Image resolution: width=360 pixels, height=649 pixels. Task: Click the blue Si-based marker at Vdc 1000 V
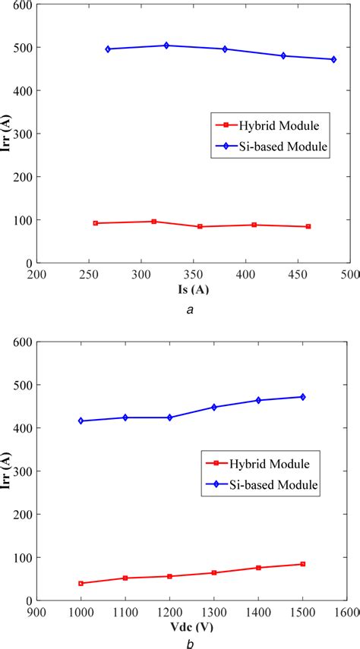click(81, 421)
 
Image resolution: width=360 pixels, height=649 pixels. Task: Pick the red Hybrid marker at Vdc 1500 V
click(303, 564)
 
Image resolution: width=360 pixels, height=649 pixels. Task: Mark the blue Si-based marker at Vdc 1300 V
click(214, 407)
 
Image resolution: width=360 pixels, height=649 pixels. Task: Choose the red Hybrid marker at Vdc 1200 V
click(169, 576)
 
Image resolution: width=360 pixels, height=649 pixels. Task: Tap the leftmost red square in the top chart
click(96, 223)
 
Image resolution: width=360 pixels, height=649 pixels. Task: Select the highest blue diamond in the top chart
click(166, 46)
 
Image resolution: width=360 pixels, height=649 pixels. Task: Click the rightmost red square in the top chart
click(308, 226)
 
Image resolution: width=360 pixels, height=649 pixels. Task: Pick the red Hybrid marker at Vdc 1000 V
click(81, 583)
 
